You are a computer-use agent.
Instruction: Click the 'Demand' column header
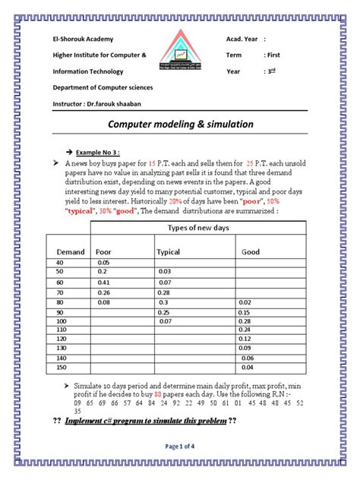click(70, 251)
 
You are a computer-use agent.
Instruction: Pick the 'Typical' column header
click(167, 251)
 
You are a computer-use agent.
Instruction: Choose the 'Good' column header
click(250, 251)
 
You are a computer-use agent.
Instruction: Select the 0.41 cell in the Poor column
click(104, 281)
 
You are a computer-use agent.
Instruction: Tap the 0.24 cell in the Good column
click(244, 330)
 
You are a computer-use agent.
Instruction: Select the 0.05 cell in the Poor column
click(104, 262)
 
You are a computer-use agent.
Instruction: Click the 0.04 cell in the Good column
click(246, 368)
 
